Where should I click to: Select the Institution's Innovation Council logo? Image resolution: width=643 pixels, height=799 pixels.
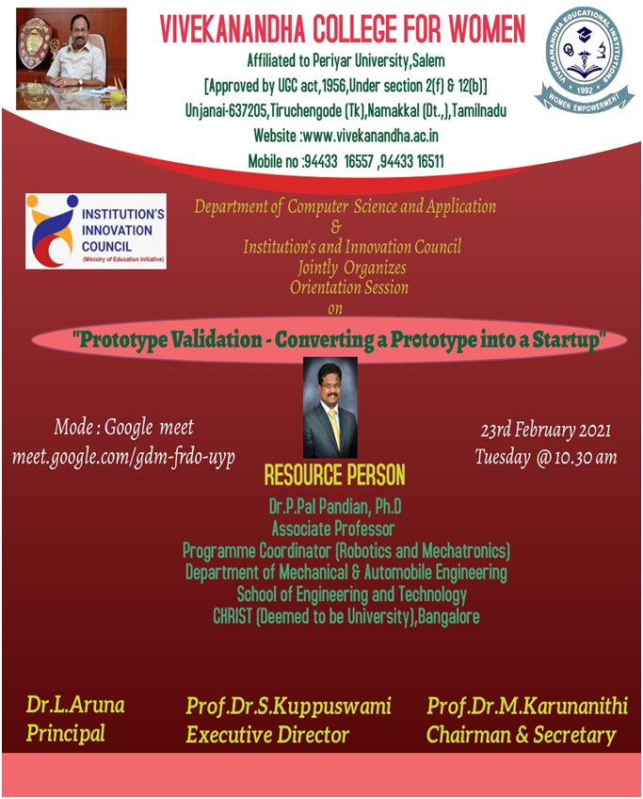(x=96, y=231)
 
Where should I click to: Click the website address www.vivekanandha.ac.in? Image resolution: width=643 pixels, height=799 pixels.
(x=371, y=136)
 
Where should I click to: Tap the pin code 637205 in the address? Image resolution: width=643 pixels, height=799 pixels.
(x=248, y=110)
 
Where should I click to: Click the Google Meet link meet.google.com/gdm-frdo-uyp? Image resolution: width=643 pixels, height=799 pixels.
(x=123, y=457)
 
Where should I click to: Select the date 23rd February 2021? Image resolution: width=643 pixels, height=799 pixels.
(x=545, y=430)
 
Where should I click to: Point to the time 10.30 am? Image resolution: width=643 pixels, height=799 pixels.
(x=586, y=457)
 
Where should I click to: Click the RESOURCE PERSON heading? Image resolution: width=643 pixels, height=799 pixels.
(x=334, y=475)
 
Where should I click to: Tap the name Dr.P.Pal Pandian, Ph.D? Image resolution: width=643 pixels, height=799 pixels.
(x=335, y=507)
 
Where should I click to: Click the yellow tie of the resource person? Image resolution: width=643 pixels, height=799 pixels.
(x=334, y=427)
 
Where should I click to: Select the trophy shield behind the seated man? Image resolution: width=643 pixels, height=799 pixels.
(x=34, y=44)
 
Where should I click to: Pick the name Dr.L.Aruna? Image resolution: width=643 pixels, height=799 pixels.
(x=75, y=705)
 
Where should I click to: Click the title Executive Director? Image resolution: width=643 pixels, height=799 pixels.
(x=267, y=735)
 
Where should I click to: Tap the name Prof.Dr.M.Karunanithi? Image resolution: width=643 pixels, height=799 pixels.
(x=527, y=706)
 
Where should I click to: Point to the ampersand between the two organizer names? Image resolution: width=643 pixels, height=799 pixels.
(x=336, y=227)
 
